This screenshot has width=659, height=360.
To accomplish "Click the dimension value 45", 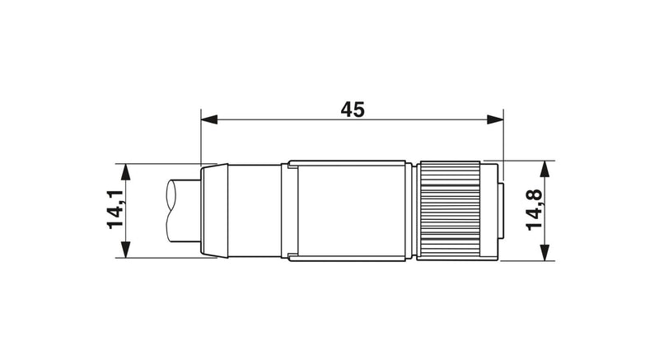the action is coord(353,110).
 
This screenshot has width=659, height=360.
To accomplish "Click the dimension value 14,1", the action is coord(115,209).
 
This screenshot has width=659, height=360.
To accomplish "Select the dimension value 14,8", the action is coord(534,209).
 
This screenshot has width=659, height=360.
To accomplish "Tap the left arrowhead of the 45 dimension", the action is coord(209,119).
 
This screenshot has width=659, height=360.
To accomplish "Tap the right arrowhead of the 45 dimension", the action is coord(495,119).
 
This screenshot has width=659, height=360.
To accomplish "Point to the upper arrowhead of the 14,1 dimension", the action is coord(125,172).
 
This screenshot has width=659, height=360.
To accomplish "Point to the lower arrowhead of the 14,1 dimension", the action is coord(125,250).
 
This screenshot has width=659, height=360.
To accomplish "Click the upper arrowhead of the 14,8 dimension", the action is coord(544,169).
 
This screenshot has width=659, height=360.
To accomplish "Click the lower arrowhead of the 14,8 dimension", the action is coord(544,252).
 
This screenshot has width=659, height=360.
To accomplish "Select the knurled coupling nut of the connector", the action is coord(450,210).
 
